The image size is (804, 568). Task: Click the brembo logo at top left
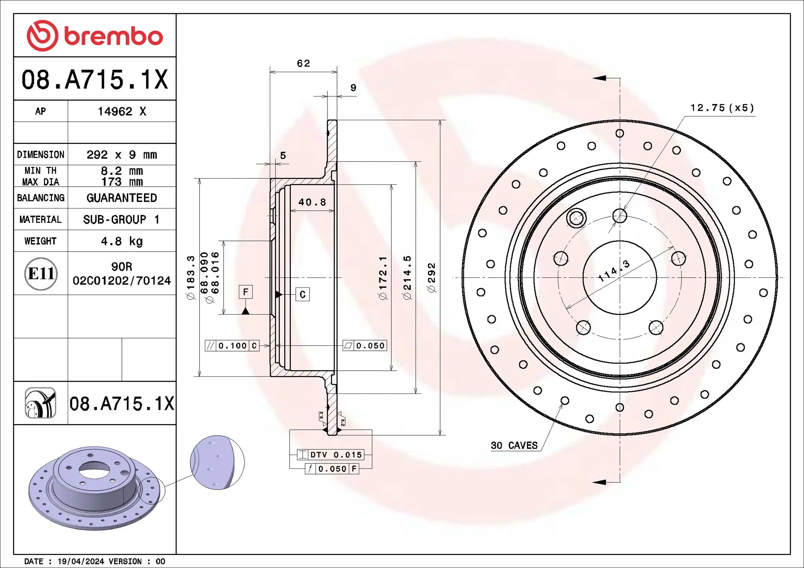pos(94,36)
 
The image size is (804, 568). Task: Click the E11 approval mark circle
pos(41,273)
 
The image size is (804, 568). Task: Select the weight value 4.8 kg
pos(122,241)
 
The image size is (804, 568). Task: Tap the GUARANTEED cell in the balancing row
pos(122,198)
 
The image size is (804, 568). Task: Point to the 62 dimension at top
pos(303,63)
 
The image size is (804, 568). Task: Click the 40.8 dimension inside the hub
pos(312,202)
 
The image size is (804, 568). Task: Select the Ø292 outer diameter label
pos(431,278)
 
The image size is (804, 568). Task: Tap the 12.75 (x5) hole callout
pos(722,108)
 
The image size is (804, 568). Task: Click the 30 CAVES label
pos(514,445)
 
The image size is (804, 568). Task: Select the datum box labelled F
pos(246,292)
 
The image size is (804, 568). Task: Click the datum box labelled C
pos(302,294)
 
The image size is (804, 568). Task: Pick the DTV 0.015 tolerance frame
pos(331,455)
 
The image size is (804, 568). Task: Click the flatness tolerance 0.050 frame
pos(365,345)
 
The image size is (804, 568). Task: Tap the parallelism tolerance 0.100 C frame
pos(232,345)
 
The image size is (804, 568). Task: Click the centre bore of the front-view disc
pos(619,278)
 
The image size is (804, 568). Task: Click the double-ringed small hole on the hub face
pos(576,218)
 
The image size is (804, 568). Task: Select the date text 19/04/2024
pos(81,561)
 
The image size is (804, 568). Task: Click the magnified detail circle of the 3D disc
pos(217,462)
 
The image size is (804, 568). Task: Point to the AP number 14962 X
pos(122,111)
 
